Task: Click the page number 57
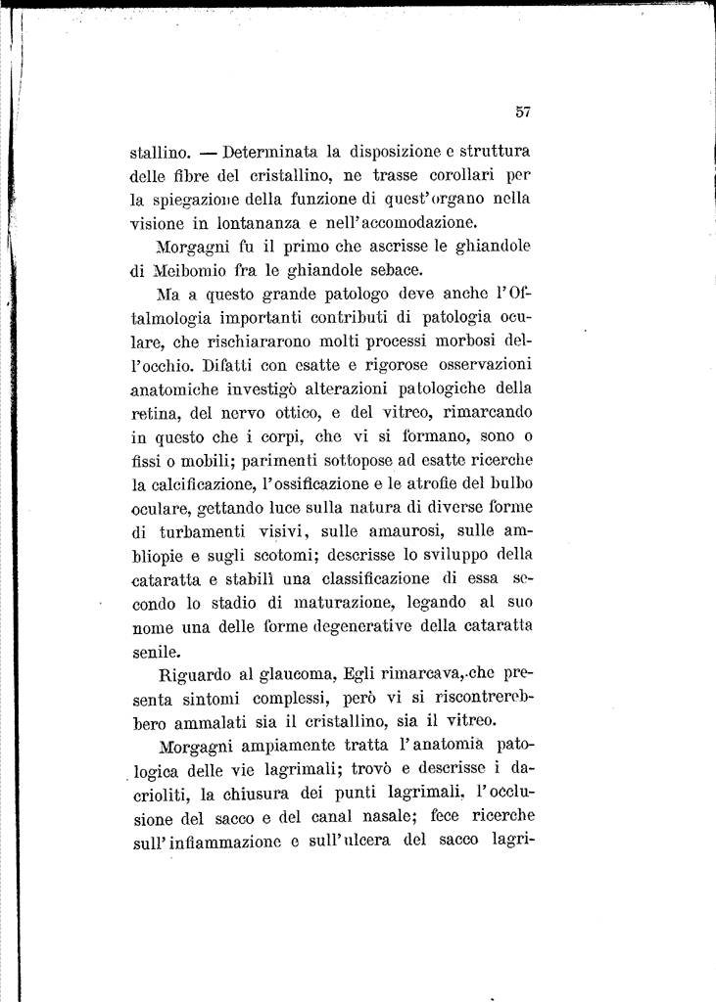click(522, 112)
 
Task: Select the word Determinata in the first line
click(273, 153)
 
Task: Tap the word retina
click(153, 412)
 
